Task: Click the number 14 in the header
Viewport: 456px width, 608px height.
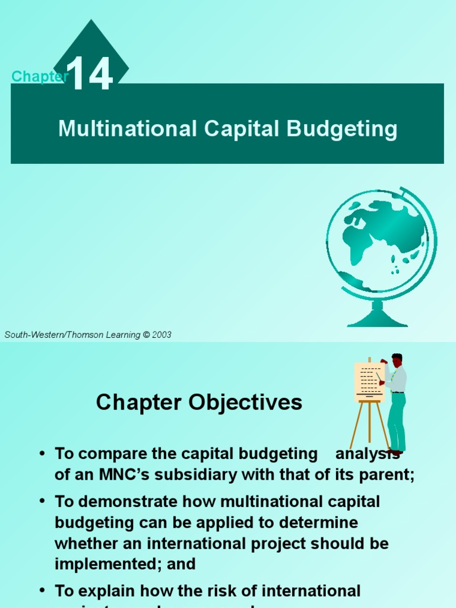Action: [90, 74]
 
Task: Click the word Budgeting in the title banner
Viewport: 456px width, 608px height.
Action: [343, 129]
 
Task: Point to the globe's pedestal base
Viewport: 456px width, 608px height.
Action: [377, 319]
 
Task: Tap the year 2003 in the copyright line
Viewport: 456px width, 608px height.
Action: [161, 335]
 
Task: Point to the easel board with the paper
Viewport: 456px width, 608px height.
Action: [369, 382]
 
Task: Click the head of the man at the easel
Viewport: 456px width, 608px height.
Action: [397, 360]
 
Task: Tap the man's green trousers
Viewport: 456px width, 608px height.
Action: [397, 422]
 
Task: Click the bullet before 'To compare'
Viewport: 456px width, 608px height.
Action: [42, 454]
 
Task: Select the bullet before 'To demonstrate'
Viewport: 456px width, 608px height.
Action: [42, 502]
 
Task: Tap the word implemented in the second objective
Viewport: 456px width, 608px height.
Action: [102, 563]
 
